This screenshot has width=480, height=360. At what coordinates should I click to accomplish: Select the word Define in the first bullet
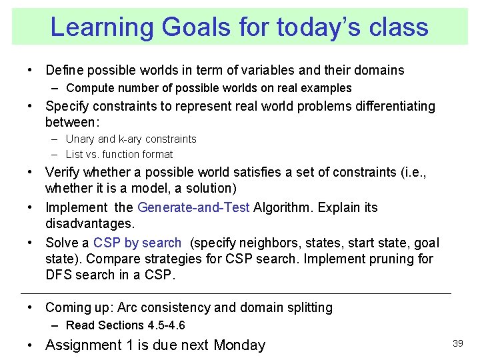point(63,70)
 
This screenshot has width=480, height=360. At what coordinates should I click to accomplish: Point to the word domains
point(379,70)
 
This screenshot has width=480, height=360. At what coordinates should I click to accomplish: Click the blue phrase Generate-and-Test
point(193,207)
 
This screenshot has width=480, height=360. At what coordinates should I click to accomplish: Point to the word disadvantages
point(90,223)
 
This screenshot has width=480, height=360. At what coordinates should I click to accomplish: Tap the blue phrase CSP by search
point(137,243)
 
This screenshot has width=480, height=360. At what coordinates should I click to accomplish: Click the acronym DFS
point(59,274)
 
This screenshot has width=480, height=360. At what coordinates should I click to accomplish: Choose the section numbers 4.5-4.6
point(167,325)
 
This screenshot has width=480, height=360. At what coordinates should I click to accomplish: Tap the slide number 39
point(457,343)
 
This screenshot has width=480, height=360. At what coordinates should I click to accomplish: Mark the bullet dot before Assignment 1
point(31,345)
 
